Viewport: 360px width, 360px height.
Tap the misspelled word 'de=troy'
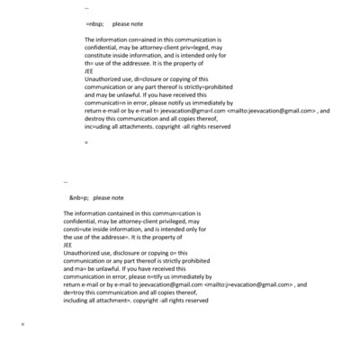click(77, 293)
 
